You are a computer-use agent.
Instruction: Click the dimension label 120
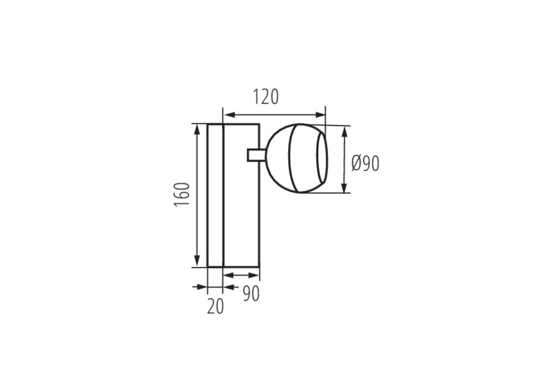coord(266,97)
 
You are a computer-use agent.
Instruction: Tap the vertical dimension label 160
coord(182,195)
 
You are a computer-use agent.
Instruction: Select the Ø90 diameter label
coord(365,163)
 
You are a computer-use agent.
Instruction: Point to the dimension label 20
coord(215,306)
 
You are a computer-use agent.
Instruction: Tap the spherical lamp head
coord(296,158)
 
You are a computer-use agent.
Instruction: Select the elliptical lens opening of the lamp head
coord(323,158)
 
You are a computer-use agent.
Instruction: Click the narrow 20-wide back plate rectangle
coord(215,195)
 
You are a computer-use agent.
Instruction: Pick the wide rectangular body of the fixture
coord(241,195)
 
